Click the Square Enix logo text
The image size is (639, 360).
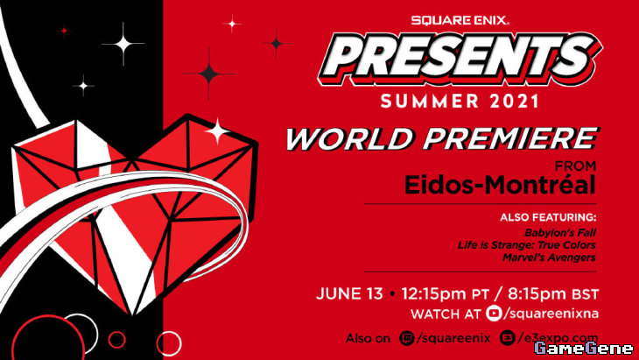460,20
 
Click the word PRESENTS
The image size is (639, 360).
460,59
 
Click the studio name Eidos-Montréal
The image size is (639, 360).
500,185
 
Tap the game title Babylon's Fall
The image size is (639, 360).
560,233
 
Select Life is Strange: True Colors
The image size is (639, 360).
527,245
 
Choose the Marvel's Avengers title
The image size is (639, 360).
549,258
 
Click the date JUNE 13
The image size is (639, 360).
349,294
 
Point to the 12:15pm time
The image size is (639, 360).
433,294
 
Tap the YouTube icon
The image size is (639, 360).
494,313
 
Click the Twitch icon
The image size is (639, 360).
407,338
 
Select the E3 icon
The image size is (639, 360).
508,338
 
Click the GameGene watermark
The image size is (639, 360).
584,349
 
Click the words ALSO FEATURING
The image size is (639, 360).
548,217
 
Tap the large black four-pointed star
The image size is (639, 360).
209,74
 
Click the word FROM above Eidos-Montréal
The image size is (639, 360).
575,166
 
